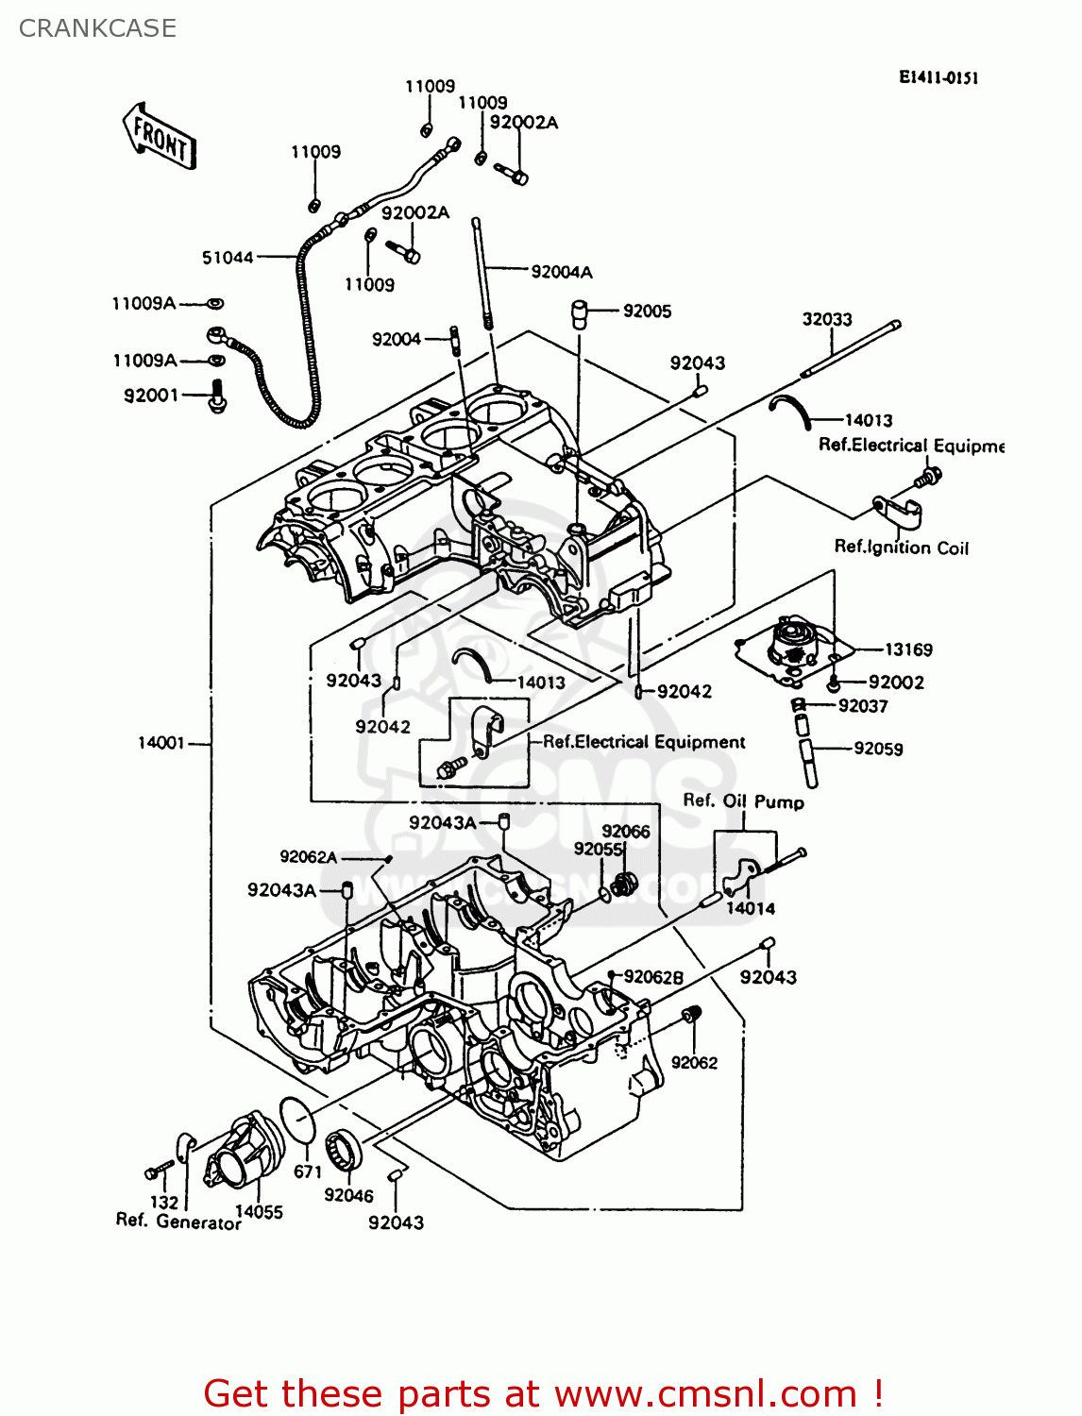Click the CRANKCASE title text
tap(97, 28)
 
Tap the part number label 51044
tap(228, 258)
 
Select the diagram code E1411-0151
tap(938, 77)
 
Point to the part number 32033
tap(827, 319)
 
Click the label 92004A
tap(562, 272)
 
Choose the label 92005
tap(647, 311)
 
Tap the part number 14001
tap(161, 743)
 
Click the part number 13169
tap(908, 649)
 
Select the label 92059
tap(878, 749)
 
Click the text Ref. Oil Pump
tap(744, 801)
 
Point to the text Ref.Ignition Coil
tap(902, 548)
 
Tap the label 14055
tap(259, 1212)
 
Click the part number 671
tap(308, 1172)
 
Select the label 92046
tap(348, 1195)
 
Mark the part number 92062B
tap(653, 977)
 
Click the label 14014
tap(751, 908)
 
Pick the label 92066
tap(626, 831)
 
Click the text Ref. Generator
tap(178, 1222)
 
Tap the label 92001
tap(151, 395)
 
